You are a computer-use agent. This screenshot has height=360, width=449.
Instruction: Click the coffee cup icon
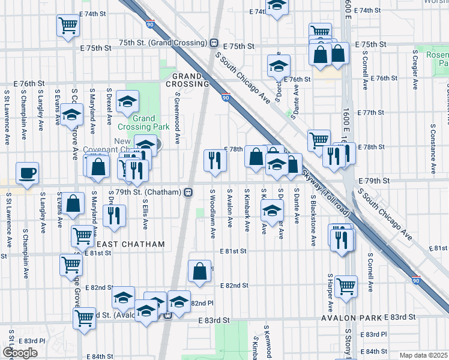pos(28,173)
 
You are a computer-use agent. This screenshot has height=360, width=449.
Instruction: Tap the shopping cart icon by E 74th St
pos(68,25)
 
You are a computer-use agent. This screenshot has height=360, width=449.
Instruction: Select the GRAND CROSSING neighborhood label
pos(190,80)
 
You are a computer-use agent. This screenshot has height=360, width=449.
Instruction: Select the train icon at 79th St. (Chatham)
pos(188,192)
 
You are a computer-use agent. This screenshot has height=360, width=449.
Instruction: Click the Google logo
pos(20,353)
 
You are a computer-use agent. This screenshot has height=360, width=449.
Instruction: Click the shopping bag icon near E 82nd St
pos(199,271)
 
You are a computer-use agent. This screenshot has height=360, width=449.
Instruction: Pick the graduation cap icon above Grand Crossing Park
pos(127,101)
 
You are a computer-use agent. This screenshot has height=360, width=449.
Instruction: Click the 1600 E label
pos(347,24)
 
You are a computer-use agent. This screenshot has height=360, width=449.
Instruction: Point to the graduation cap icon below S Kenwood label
pos(271,210)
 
